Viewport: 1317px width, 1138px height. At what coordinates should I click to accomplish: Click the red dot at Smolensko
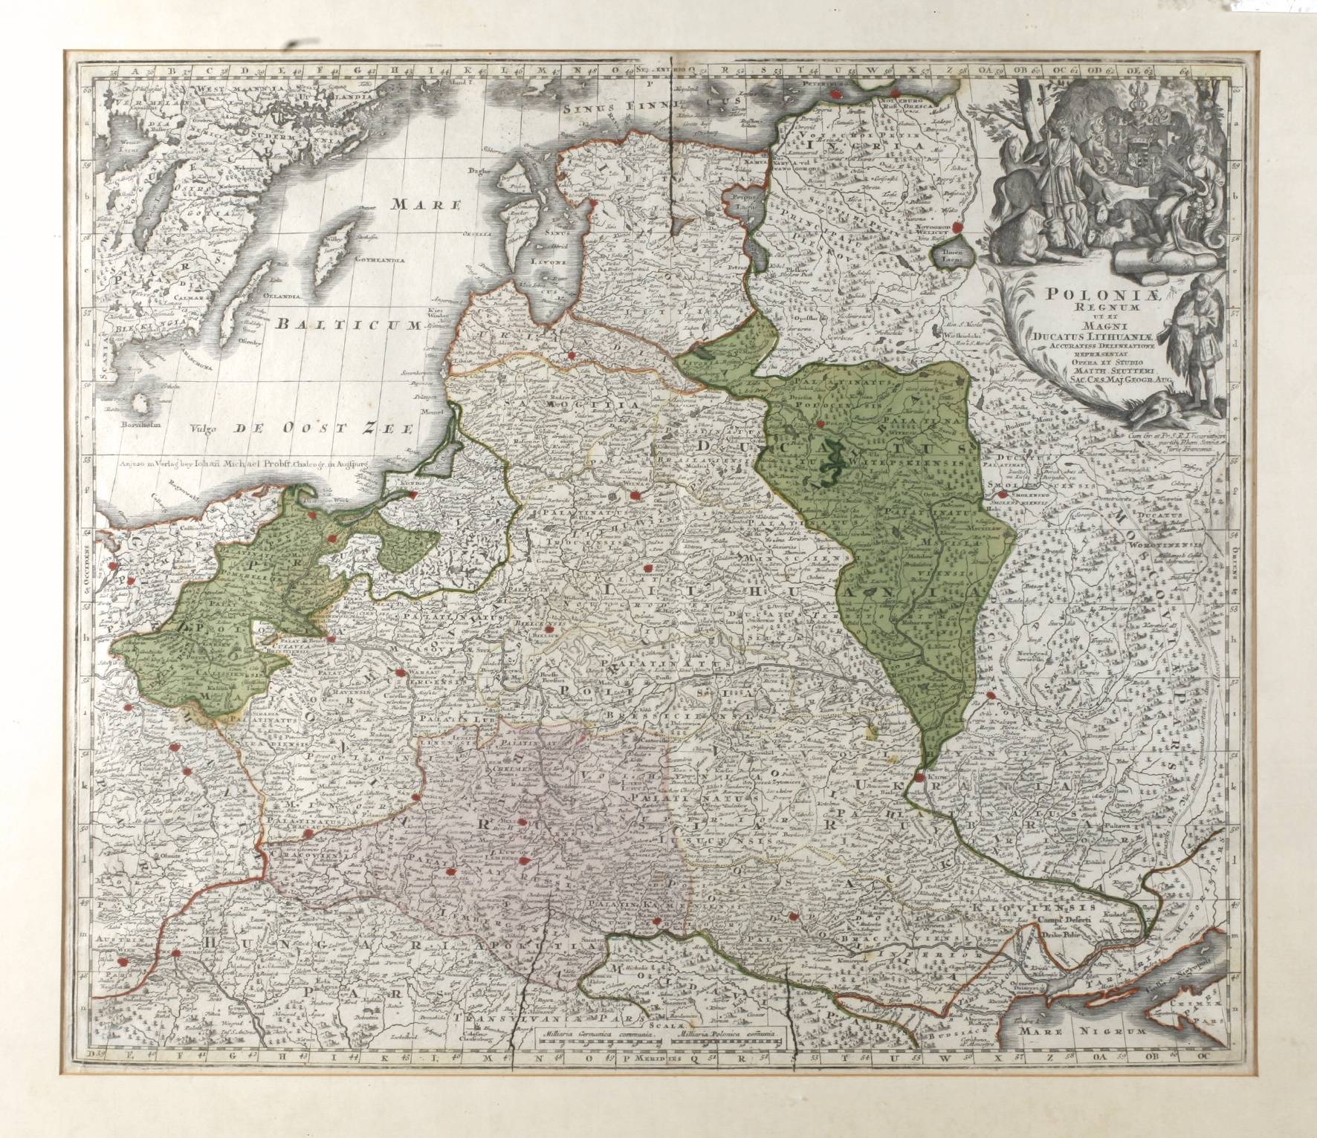[x=1002, y=493]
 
